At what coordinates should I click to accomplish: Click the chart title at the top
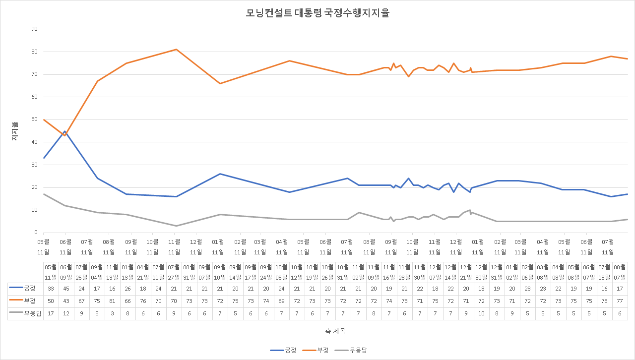point(317,13)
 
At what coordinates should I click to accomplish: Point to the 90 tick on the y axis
point(35,29)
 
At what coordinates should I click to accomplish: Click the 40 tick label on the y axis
point(35,142)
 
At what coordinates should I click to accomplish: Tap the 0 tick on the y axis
point(36,233)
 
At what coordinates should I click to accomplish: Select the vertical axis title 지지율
point(15,131)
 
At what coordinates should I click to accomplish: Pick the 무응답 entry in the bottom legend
point(351,350)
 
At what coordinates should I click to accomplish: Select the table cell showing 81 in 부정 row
point(112,301)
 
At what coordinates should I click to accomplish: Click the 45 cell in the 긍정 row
point(66,289)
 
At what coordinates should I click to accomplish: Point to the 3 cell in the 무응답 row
point(112,313)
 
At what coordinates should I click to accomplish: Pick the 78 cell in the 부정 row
point(604,301)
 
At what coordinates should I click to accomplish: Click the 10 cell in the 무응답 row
point(481,313)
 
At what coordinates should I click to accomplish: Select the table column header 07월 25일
point(81,272)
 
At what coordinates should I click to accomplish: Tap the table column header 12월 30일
point(481,272)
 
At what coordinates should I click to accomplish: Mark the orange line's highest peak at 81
point(176,49)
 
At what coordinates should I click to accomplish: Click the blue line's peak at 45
point(65,131)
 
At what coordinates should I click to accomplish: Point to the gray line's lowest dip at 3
point(176,226)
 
